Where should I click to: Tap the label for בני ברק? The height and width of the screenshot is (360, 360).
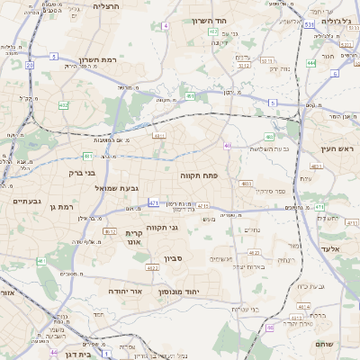(x=83, y=171)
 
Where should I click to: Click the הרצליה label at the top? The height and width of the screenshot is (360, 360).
(x=106, y=5)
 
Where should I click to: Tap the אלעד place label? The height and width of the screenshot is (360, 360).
(x=328, y=247)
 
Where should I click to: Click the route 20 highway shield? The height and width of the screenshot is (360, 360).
(x=30, y=66)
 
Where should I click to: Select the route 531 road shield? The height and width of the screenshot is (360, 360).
(x=309, y=25)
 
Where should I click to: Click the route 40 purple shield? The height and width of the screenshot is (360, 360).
(x=228, y=146)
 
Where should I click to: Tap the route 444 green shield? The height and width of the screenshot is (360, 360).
(x=310, y=63)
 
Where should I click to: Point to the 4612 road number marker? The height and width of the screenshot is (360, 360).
(x=110, y=231)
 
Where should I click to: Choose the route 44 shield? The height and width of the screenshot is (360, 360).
(x=55, y=352)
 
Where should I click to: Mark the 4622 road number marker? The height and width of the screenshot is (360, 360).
(x=152, y=267)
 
